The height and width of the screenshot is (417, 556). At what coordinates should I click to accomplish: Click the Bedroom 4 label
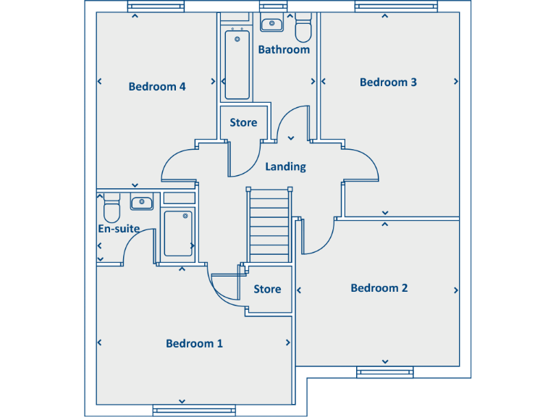click(x=157, y=87)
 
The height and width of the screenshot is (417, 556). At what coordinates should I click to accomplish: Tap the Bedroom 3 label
click(x=388, y=83)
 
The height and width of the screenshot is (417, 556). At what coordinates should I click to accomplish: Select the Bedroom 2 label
click(x=379, y=288)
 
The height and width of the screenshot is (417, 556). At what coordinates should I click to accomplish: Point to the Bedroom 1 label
click(x=194, y=344)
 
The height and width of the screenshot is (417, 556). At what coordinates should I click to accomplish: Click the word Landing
click(x=285, y=167)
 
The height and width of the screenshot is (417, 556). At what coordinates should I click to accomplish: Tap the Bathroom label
click(x=284, y=50)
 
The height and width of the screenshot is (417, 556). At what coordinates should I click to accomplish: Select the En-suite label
click(x=119, y=229)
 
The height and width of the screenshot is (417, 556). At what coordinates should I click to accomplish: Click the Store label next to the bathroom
click(x=243, y=123)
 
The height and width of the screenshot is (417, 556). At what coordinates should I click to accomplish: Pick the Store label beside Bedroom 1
click(x=267, y=290)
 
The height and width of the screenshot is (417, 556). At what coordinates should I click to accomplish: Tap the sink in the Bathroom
click(x=271, y=24)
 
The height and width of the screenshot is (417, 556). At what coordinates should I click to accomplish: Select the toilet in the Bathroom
click(x=303, y=29)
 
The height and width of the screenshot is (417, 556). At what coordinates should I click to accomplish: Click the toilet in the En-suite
click(x=111, y=208)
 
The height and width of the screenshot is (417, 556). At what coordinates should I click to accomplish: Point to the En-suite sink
click(x=141, y=202)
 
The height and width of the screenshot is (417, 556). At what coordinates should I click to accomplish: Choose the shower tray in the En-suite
click(x=177, y=233)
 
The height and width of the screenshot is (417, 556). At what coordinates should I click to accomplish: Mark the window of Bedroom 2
click(x=384, y=373)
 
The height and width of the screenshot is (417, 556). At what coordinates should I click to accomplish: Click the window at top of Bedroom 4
click(x=156, y=7)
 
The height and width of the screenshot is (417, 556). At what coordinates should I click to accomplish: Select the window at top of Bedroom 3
click(x=384, y=7)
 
